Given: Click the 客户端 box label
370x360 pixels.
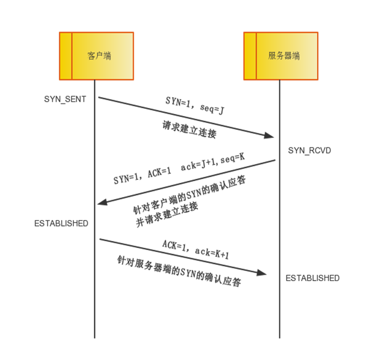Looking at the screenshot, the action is tap(100, 56).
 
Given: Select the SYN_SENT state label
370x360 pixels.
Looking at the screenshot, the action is tap(65, 99).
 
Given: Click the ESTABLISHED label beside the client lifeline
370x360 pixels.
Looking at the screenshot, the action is tap(61, 223).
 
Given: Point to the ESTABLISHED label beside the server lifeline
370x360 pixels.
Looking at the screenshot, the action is tap(312, 278).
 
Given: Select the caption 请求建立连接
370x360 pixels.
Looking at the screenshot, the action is tap(189, 130).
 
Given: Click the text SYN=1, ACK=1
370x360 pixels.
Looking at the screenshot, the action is tap(142, 175).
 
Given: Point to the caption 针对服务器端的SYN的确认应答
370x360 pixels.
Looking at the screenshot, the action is tap(179, 272).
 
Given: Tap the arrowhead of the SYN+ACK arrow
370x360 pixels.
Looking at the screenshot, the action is tap(101, 202).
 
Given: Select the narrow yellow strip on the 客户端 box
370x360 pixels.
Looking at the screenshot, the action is tap(66, 56).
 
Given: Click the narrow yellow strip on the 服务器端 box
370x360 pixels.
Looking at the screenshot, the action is tap(250, 56).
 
